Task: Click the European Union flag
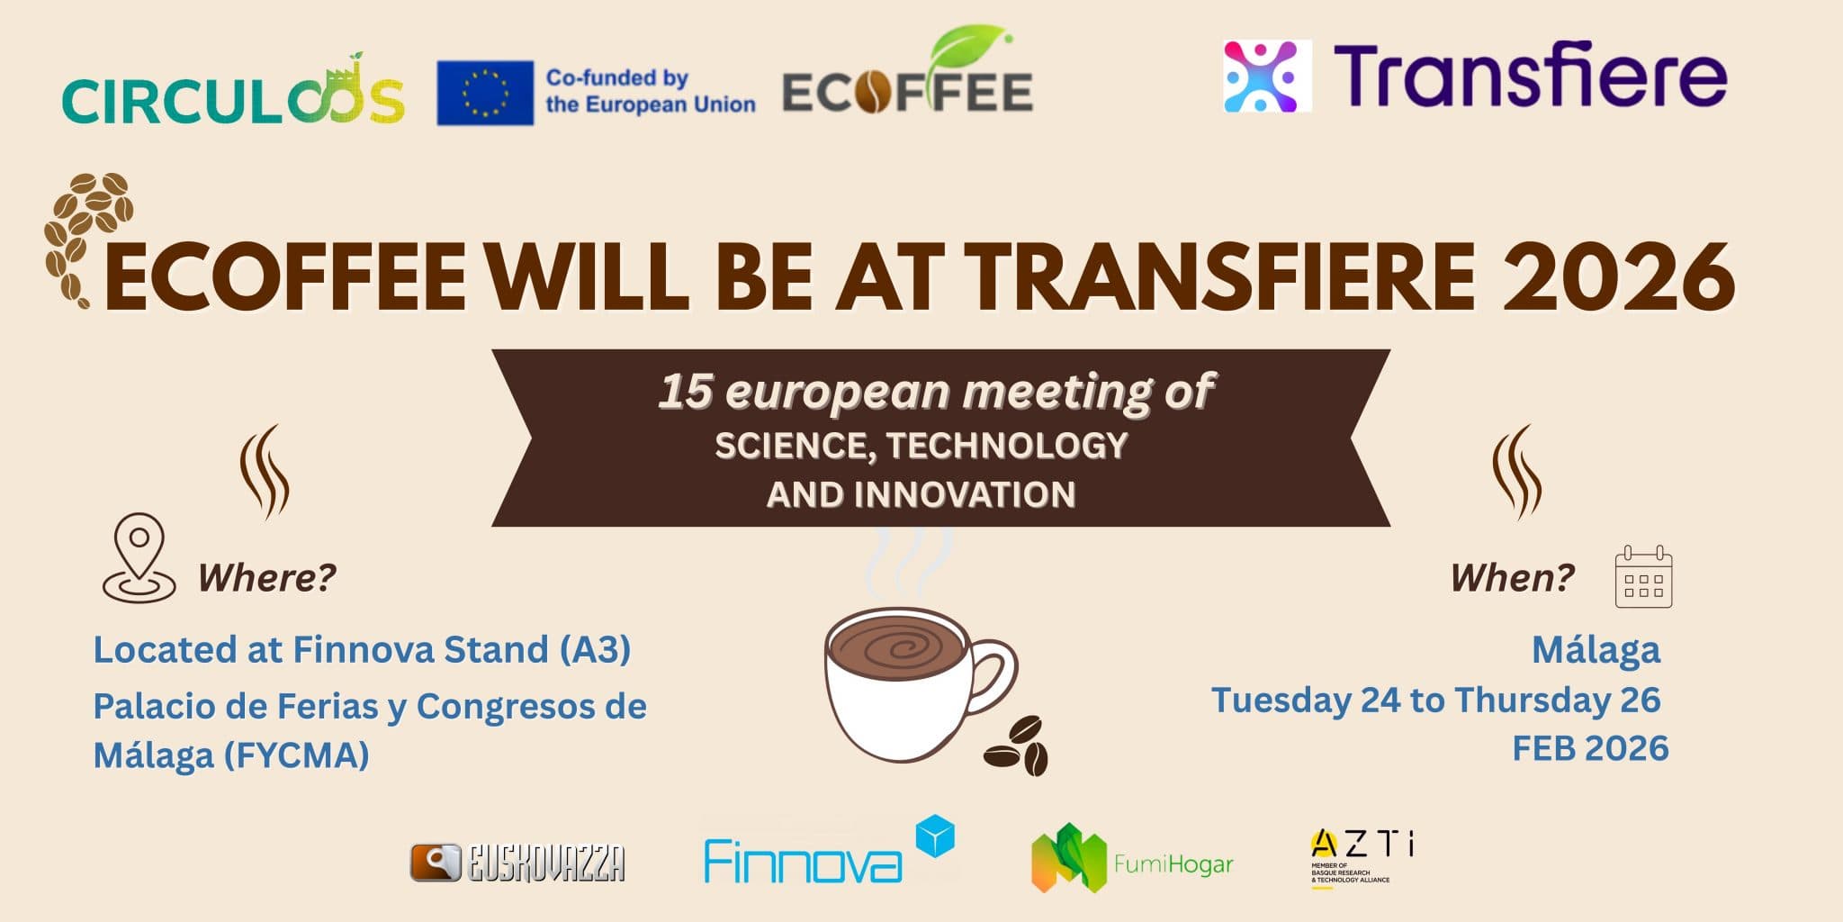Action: [x=485, y=93]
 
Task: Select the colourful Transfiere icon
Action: [x=1267, y=76]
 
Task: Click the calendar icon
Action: [x=1643, y=577]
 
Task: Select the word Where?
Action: [x=267, y=577]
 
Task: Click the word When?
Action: [x=1513, y=577]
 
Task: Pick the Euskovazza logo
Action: [x=518, y=863]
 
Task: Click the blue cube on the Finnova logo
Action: [x=934, y=835]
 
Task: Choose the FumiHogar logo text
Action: [x=1173, y=864]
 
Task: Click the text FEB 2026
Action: [x=1590, y=749]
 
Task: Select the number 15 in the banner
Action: [x=686, y=393]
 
